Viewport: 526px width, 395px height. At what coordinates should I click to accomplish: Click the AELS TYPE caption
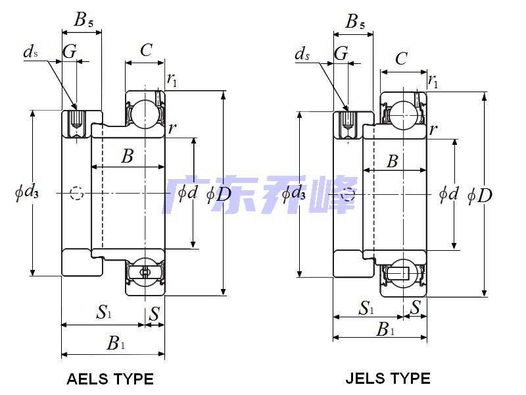click(x=110, y=379)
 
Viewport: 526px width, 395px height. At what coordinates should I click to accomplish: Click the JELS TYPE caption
click(x=388, y=379)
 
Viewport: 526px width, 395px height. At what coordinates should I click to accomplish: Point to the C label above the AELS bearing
click(x=146, y=50)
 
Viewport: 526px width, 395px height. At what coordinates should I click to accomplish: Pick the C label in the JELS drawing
click(x=401, y=59)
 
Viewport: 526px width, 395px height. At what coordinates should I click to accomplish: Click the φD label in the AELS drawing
click(x=219, y=194)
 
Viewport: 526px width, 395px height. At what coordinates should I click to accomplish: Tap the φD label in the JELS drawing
click(x=480, y=196)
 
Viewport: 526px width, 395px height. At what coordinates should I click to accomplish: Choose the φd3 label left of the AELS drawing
click(x=27, y=193)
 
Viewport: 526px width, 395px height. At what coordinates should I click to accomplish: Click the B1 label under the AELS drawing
click(x=116, y=342)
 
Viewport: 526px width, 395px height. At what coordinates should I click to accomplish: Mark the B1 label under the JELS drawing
click(x=385, y=329)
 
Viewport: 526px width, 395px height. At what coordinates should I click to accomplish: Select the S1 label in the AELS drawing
click(x=104, y=312)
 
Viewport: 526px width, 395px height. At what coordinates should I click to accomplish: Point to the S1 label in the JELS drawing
click(x=366, y=307)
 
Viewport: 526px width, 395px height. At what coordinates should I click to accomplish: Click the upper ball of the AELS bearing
click(x=142, y=113)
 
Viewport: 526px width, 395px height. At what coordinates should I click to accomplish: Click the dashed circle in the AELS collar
click(x=78, y=194)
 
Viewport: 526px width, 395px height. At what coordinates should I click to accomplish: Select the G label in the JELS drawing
click(x=341, y=53)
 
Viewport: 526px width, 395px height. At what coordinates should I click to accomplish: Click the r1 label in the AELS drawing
click(x=172, y=80)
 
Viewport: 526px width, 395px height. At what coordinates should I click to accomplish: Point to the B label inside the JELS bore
click(x=392, y=161)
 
